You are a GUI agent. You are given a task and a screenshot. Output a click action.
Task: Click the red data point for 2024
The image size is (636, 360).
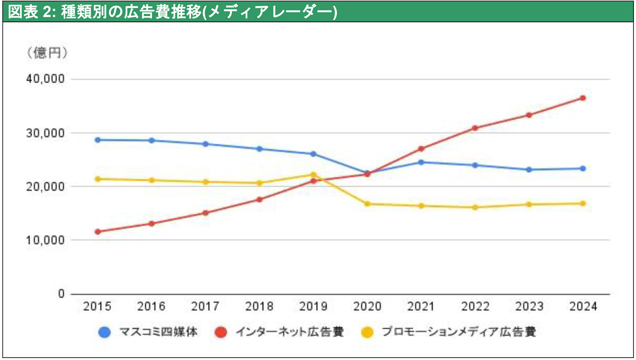[x=582, y=98]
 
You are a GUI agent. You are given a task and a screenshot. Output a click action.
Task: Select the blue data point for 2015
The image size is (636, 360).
[x=98, y=140]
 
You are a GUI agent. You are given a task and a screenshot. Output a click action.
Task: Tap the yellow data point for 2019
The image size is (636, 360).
[x=313, y=174]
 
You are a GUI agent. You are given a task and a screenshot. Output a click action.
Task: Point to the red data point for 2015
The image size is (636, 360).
[x=98, y=232]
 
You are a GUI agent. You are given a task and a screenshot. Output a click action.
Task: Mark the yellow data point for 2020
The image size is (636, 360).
[x=367, y=204]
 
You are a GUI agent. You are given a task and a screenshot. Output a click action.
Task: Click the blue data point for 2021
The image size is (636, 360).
[x=421, y=162]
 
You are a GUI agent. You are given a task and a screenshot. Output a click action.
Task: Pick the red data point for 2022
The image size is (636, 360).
[x=475, y=128]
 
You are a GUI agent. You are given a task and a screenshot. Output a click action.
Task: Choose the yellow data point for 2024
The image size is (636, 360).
[x=582, y=204]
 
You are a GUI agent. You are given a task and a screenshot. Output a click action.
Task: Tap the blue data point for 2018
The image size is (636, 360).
[x=259, y=149]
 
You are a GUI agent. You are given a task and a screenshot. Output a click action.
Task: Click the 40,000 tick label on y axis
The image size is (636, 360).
[x=45, y=79]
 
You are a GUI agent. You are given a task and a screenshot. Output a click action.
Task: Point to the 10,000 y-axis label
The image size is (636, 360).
[x=45, y=240]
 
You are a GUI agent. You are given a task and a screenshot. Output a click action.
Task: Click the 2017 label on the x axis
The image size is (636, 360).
[x=205, y=306]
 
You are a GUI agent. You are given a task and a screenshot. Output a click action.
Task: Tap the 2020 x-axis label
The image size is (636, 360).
[x=367, y=306]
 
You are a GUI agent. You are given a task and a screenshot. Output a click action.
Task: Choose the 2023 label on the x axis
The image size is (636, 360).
[x=528, y=306]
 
